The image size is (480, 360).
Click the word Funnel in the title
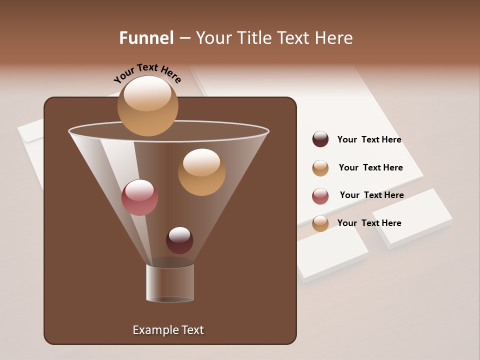pos(146,38)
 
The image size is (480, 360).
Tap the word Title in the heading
pos(253,38)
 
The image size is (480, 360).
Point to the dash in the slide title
pos(184,38)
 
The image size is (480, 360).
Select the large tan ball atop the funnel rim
pos(147,105)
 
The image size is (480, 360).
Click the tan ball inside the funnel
pos(201,172)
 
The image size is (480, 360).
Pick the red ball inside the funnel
pos(139,197)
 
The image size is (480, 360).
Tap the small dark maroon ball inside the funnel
pos(179,240)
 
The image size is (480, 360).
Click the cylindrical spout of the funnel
pos(170,282)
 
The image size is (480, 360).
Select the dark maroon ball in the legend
pos(320,139)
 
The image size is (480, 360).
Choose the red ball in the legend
pos(320,196)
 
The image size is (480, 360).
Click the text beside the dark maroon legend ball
pos(369,139)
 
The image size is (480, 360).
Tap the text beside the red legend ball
pos(371,195)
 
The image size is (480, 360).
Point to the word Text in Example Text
pos(191,330)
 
